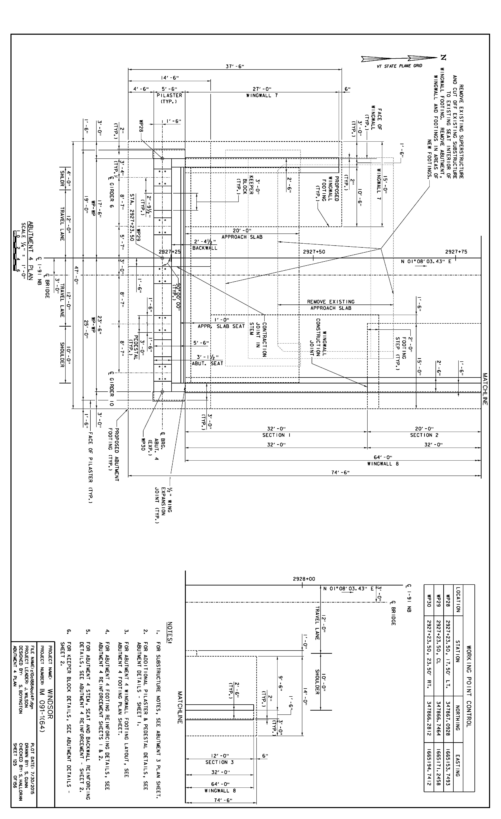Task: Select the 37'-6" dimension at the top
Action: (235, 66)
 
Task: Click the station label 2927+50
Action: (314, 252)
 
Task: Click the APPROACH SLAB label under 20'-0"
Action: (242, 237)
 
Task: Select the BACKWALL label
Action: (205, 248)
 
